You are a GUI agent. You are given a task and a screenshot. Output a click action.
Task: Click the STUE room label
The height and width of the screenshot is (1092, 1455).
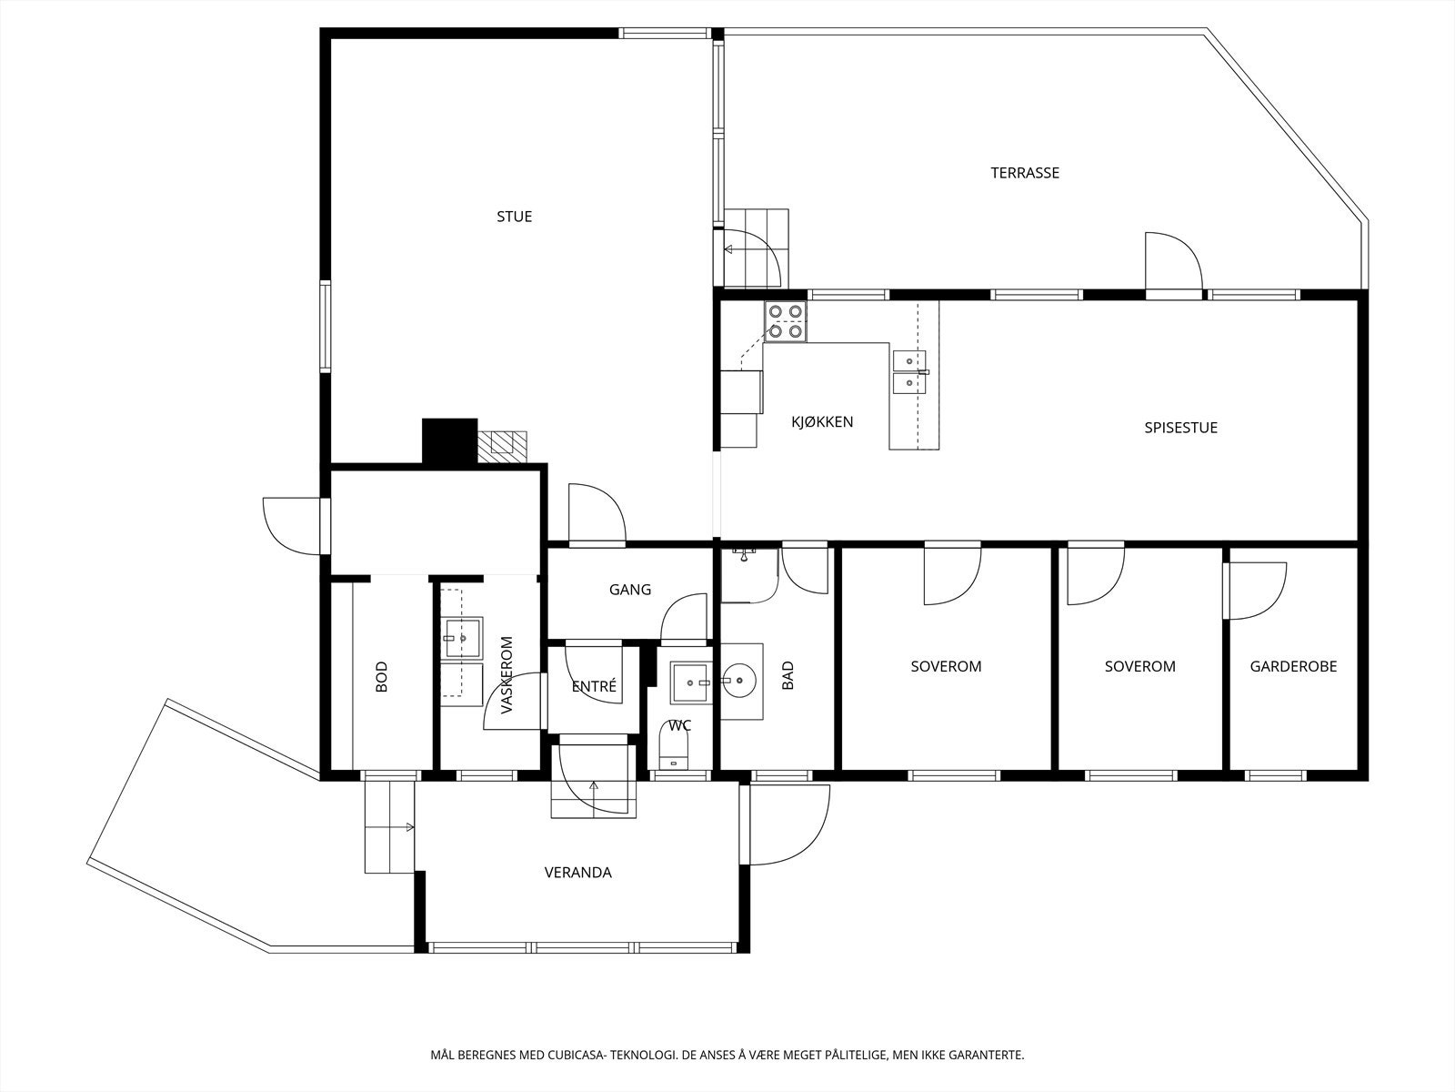(x=514, y=217)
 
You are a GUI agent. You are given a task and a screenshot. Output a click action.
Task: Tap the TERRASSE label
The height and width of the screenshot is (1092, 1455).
(x=1025, y=173)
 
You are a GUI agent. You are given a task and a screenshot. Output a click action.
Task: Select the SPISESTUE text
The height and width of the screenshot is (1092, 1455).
(x=1180, y=428)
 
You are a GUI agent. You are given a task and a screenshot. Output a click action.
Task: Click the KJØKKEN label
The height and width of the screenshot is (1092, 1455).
(x=821, y=422)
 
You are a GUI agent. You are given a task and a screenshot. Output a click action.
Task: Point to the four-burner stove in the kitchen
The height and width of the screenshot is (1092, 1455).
(x=786, y=322)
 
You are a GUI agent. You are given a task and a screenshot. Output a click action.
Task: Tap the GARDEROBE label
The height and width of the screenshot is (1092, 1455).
(x=1293, y=666)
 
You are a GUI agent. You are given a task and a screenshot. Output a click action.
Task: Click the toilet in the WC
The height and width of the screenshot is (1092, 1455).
(x=674, y=750)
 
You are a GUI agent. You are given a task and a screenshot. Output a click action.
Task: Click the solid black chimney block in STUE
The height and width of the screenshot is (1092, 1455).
(x=449, y=441)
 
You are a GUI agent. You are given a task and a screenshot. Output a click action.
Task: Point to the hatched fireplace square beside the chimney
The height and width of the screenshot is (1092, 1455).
(x=503, y=443)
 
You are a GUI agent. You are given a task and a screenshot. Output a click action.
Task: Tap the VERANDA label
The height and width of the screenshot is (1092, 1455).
(x=577, y=873)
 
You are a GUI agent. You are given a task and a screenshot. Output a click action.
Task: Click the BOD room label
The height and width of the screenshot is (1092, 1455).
(x=382, y=678)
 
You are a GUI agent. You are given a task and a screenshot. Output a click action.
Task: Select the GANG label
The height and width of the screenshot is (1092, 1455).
(x=630, y=590)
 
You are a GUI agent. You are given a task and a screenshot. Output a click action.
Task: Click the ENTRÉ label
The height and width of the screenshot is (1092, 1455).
(x=594, y=687)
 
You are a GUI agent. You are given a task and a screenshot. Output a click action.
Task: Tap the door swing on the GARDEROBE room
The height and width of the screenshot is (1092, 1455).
(x=1257, y=591)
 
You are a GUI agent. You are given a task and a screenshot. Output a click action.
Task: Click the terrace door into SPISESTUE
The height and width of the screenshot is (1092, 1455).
(x=1173, y=264)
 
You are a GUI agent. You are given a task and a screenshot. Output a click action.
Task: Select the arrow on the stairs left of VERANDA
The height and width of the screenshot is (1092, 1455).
(x=409, y=827)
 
